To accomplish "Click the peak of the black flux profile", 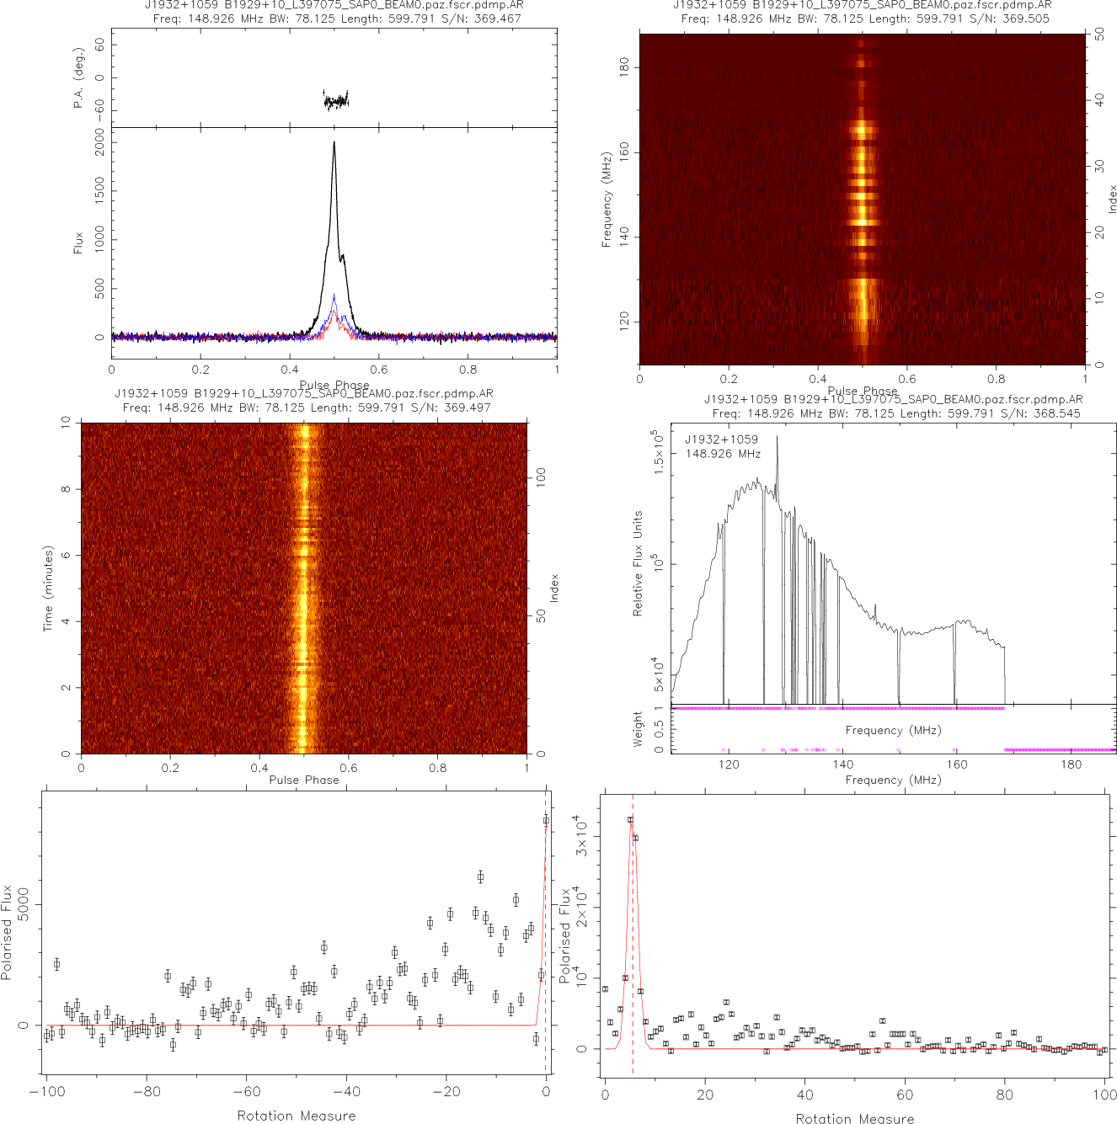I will tap(334, 141).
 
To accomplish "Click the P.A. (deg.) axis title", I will tap(79, 77).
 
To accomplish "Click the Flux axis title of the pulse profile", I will tap(79, 243).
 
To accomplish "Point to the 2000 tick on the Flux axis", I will tap(100, 147).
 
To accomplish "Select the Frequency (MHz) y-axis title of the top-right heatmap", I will tap(606, 200).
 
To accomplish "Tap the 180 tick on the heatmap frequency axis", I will tap(624, 67).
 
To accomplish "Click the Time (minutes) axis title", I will tap(48, 589).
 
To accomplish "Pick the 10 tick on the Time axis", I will tap(67, 423).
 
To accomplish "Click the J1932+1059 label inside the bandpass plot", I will tap(721, 439).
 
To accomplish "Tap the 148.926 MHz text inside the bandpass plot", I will tap(723, 454).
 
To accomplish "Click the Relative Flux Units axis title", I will tap(638, 563).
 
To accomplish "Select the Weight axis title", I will tap(638, 728).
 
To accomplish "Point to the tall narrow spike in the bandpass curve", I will tap(777, 437).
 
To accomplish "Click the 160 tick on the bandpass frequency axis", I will tap(957, 764).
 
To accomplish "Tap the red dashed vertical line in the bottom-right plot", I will tap(633, 926).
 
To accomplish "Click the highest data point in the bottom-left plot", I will tap(546, 820).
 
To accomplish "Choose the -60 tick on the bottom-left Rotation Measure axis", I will tap(246, 1092).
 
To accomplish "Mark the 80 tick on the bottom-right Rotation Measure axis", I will tap(1005, 1095).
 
